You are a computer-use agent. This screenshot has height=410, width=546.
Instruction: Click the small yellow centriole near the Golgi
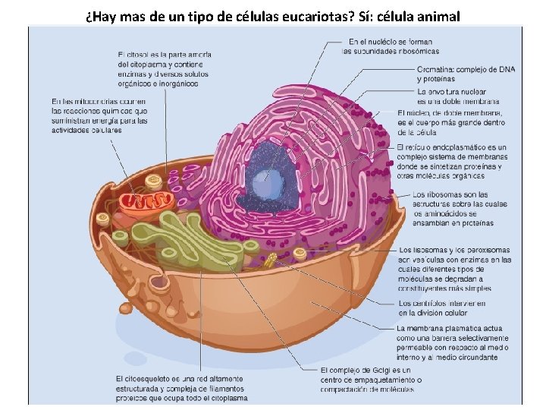[271, 261]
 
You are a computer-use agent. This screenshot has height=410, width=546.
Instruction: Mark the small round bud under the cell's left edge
[125, 308]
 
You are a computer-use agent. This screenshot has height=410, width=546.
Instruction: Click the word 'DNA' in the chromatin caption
[506, 69]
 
